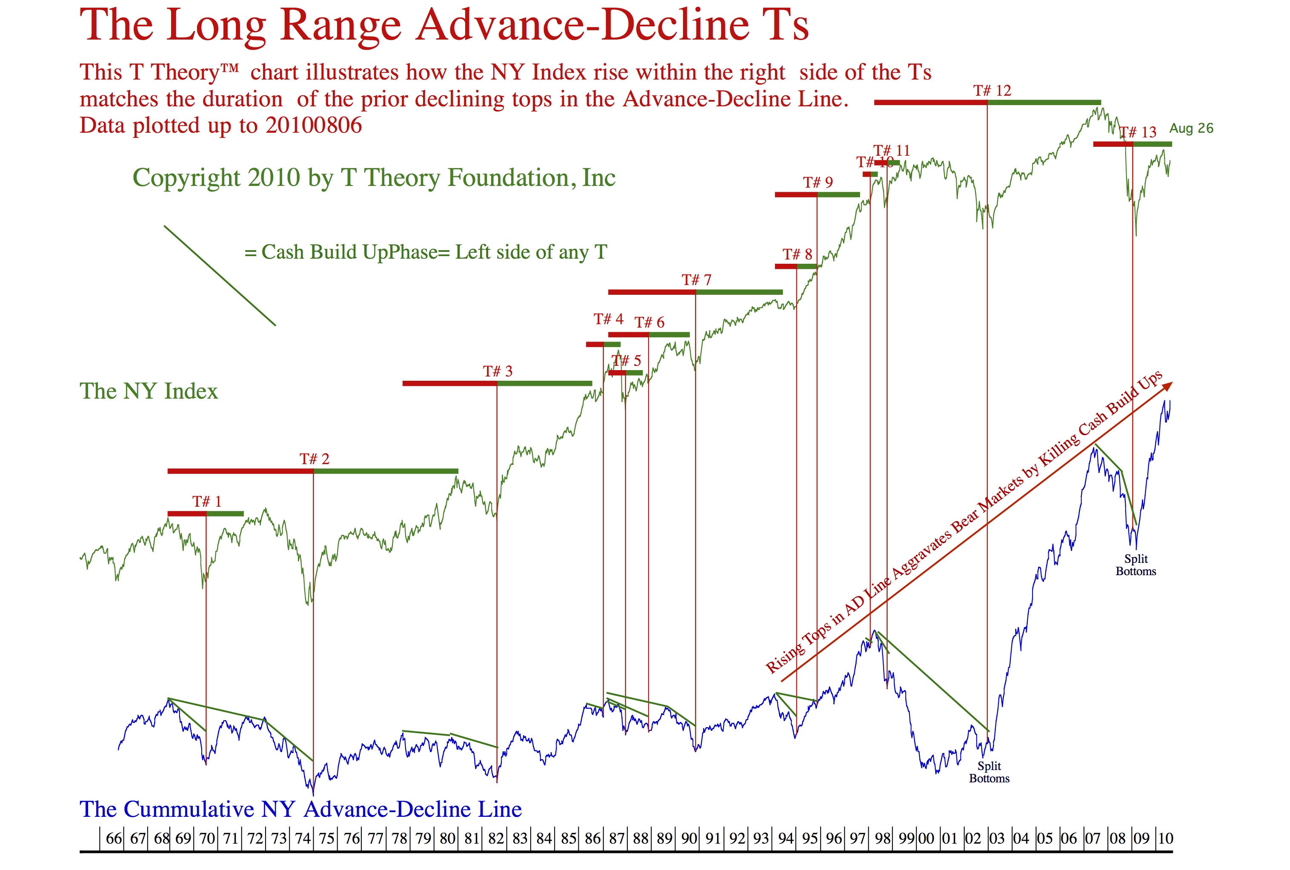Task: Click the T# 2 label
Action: (x=314, y=459)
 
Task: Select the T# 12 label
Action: (x=992, y=91)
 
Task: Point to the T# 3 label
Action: (x=498, y=372)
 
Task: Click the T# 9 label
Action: (x=818, y=183)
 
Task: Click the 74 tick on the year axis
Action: (x=303, y=839)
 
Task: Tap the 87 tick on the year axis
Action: (x=617, y=839)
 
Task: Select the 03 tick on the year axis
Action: (x=996, y=839)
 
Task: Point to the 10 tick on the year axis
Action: (x=1165, y=839)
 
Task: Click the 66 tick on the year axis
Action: (x=114, y=839)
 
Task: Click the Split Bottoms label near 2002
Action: (x=989, y=772)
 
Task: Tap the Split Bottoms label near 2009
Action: (x=1136, y=565)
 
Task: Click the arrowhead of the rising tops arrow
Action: (x=1168, y=385)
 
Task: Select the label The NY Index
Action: (x=149, y=391)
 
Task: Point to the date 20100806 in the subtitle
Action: (x=314, y=126)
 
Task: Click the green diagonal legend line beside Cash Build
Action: (x=219, y=275)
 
